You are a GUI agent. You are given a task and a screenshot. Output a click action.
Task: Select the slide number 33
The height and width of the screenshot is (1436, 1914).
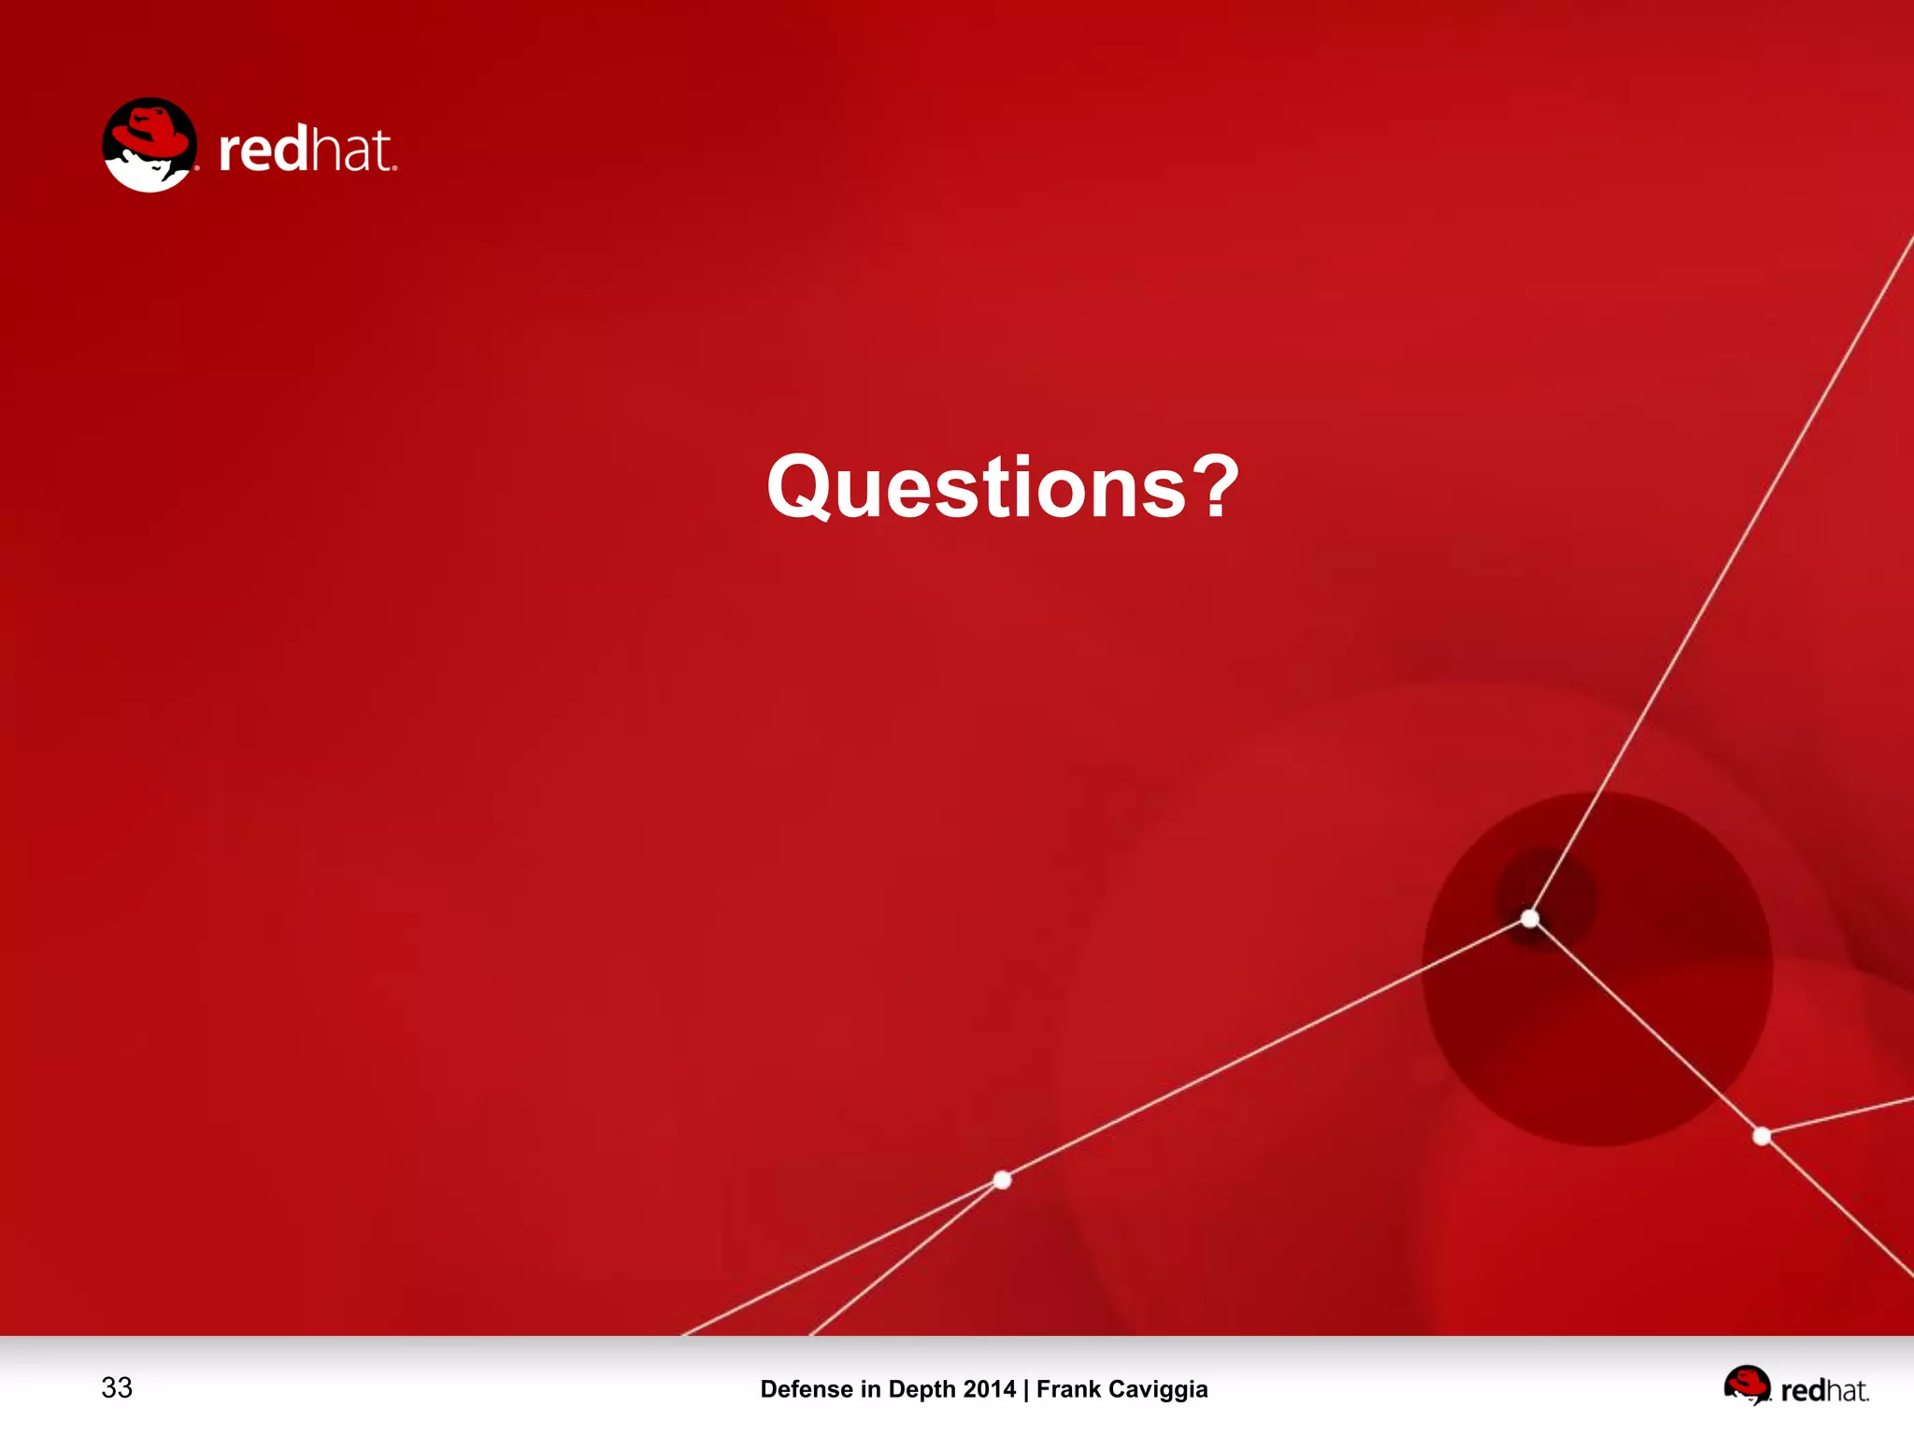(x=117, y=1387)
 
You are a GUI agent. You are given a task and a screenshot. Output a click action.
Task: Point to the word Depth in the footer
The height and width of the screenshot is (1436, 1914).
(x=921, y=1390)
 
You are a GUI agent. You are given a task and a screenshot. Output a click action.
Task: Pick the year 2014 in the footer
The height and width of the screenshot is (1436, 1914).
(x=989, y=1389)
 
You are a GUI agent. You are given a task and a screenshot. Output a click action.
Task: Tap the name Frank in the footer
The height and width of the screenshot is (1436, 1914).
(x=1068, y=1389)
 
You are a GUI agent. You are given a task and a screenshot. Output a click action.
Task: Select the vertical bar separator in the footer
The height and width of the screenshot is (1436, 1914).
(x=1026, y=1389)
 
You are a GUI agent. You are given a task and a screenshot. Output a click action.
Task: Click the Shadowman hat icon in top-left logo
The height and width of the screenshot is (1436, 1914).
(x=150, y=145)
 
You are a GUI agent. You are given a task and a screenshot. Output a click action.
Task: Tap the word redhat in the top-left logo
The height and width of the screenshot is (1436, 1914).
(x=307, y=150)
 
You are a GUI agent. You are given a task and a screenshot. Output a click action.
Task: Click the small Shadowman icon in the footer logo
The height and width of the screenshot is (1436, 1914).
(x=1747, y=1385)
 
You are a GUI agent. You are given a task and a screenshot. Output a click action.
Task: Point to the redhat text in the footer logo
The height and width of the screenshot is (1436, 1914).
(x=1824, y=1390)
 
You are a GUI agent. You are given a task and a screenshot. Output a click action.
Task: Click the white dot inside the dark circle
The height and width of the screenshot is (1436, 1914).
(x=1530, y=918)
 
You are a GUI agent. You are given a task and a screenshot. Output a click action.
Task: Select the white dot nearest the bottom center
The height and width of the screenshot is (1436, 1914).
(x=1002, y=1180)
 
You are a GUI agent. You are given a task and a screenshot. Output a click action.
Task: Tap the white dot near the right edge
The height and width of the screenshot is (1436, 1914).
(x=1762, y=1136)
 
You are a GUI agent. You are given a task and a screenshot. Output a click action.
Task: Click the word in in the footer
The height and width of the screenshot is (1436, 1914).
(x=870, y=1389)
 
